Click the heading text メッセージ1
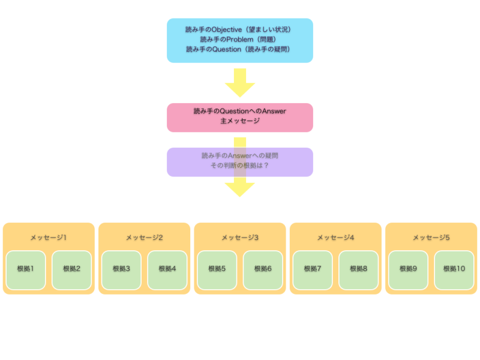[x=49, y=238]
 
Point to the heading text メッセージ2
[x=144, y=238]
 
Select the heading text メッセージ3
[x=239, y=238]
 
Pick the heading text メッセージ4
[x=335, y=238]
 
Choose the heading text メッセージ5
[x=431, y=238]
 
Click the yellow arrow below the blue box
[x=240, y=83]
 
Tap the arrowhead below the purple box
[x=240, y=188]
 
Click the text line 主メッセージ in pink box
[x=240, y=121]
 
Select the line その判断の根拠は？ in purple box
[x=240, y=166]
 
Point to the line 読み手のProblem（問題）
[x=238, y=40]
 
